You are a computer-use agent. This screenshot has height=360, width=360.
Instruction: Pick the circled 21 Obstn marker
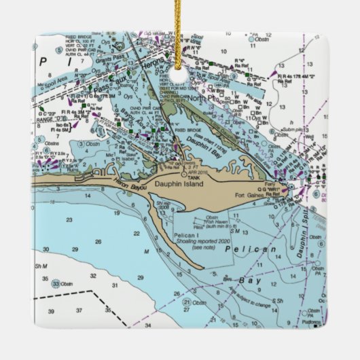click(x=187, y=301)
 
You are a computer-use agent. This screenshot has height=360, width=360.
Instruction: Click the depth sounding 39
click(x=52, y=310)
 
